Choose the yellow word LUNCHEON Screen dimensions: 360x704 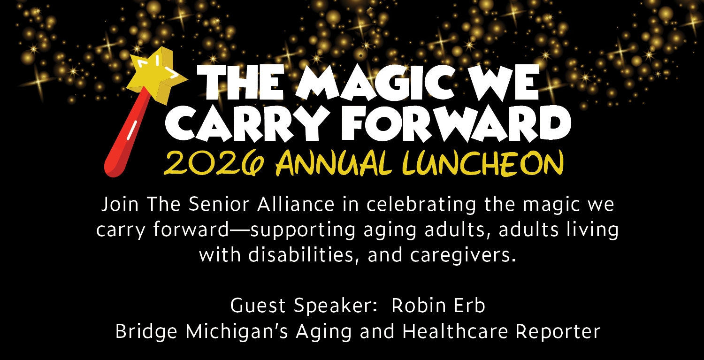coord(483,162)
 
